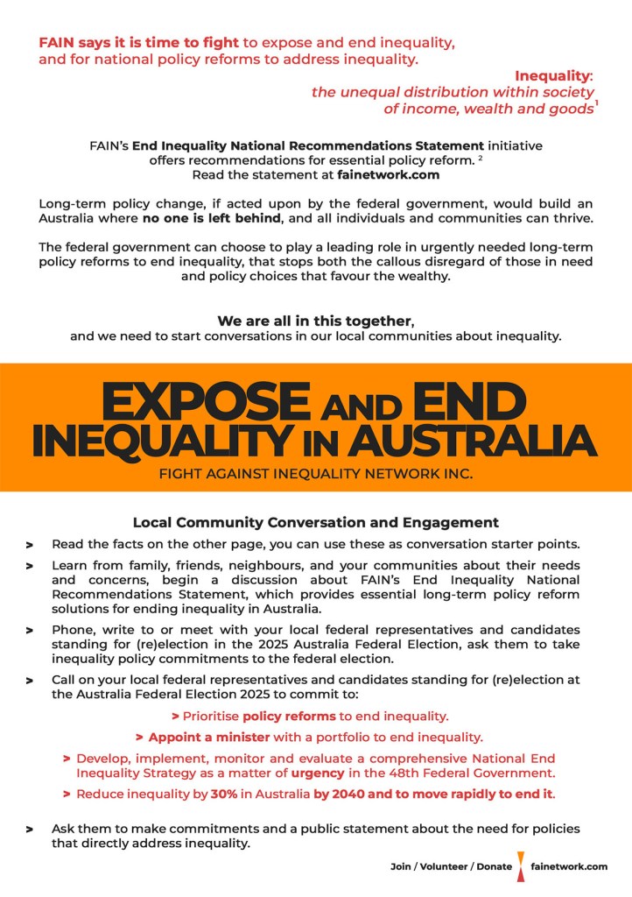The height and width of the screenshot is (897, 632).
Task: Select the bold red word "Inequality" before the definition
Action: click(x=551, y=75)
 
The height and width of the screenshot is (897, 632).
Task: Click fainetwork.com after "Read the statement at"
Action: click(x=388, y=174)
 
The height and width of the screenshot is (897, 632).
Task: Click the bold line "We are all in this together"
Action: click(x=314, y=321)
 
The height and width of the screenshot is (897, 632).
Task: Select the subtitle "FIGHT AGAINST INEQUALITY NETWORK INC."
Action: click(x=315, y=475)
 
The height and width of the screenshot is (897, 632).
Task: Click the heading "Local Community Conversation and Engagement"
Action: click(x=315, y=522)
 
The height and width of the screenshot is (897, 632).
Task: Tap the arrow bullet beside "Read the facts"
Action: click(x=30, y=545)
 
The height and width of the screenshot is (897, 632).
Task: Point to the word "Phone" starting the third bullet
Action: click(x=73, y=629)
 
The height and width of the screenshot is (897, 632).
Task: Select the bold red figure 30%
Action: click(x=222, y=795)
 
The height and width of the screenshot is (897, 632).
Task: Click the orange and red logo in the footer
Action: click(x=522, y=865)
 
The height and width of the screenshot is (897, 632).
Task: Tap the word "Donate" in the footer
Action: click(x=495, y=866)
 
